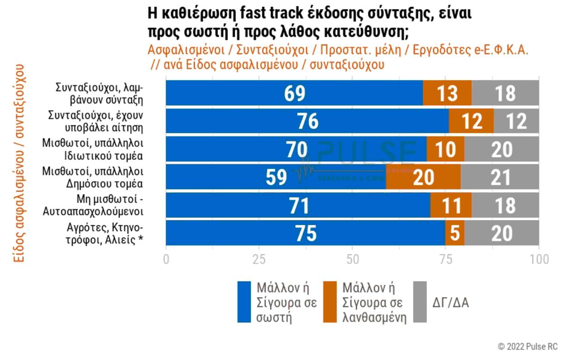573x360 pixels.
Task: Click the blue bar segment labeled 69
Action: click(x=294, y=93)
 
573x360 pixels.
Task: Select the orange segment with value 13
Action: click(x=447, y=93)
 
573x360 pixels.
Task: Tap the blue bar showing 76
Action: click(x=308, y=121)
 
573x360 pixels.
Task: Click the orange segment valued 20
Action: click(x=423, y=177)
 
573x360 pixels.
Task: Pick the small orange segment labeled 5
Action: click(x=455, y=233)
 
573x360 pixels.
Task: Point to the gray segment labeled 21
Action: click(x=500, y=177)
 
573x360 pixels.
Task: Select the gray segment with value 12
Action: click(x=516, y=121)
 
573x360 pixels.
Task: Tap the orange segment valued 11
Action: click(x=450, y=205)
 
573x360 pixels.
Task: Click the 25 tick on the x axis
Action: click(x=259, y=259)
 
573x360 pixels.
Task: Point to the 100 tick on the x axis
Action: click(x=539, y=259)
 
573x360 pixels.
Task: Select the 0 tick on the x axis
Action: click(x=166, y=259)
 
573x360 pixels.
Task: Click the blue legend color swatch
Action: click(x=244, y=302)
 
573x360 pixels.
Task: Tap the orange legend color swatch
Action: click(x=330, y=302)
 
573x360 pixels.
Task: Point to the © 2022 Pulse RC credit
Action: click(x=528, y=347)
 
